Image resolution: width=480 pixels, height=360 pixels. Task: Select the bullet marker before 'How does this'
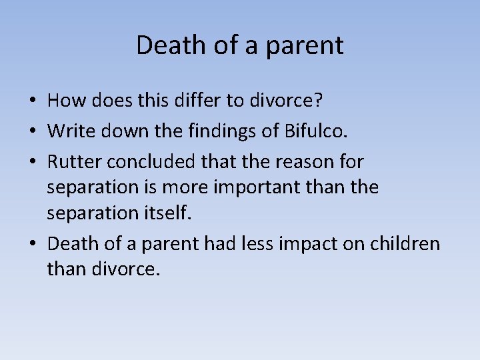[32, 101]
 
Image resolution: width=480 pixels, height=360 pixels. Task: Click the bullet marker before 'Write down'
[32, 131]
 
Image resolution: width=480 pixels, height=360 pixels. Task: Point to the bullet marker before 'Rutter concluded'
[32, 161]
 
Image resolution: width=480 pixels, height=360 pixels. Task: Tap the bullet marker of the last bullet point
[32, 245]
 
